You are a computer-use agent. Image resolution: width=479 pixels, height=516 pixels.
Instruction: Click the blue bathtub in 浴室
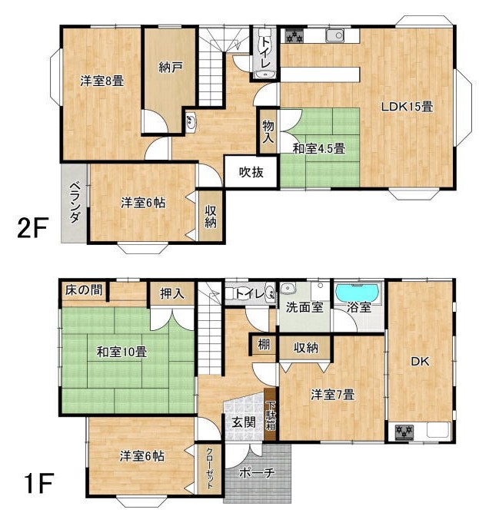358,293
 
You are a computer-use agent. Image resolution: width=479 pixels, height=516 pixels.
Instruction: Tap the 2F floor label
33,227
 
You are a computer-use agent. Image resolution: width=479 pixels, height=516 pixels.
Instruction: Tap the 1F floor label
37,483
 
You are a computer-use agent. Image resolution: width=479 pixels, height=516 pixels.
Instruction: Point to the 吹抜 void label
251,172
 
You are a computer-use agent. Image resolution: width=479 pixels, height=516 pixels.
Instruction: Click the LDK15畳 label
407,106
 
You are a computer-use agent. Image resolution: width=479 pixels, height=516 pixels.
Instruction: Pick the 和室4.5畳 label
319,149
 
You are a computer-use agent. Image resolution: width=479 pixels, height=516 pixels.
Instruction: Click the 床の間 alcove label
84,290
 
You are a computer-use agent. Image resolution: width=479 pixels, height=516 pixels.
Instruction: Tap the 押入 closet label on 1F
172,293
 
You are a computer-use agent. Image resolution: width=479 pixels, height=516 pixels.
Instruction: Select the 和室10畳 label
121,352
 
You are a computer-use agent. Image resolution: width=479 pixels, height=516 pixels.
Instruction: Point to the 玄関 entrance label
244,422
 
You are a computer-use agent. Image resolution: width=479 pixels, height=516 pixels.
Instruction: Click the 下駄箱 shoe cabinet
271,415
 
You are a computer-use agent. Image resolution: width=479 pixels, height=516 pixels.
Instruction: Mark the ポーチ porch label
257,473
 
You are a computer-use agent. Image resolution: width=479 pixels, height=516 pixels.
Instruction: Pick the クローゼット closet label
210,468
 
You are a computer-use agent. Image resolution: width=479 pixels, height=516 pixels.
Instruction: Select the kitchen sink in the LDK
335,35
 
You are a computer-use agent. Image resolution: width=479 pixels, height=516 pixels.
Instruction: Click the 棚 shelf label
264,345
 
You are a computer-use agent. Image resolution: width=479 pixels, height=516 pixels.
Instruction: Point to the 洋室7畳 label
333,395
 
